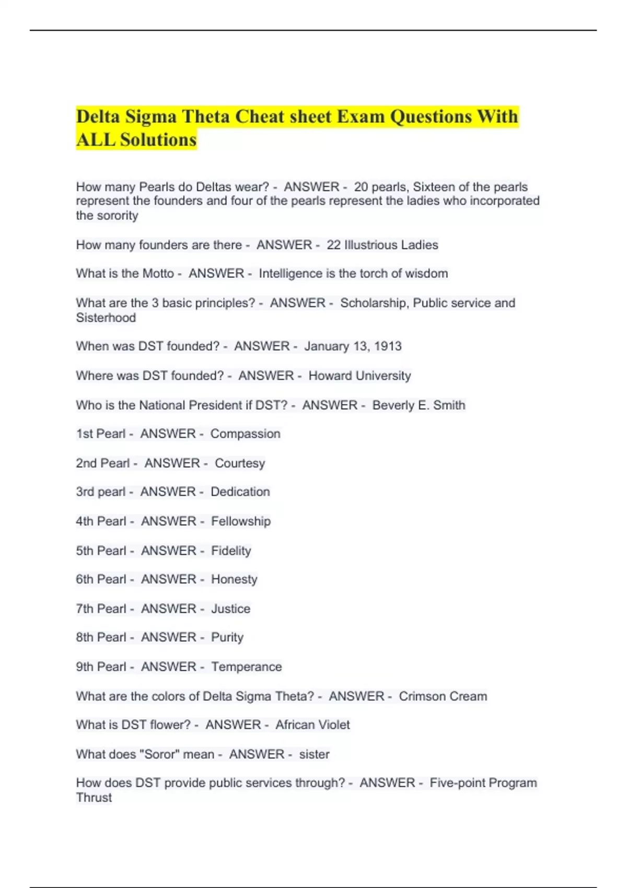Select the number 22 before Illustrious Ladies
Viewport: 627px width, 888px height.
pyautogui.click(x=333, y=245)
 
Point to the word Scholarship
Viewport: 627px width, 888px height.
pyautogui.click(x=374, y=303)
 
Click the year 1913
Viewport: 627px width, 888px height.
pyautogui.click(x=388, y=346)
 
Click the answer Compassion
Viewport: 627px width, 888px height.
pyautogui.click(x=245, y=434)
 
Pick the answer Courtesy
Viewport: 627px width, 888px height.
pyautogui.click(x=240, y=463)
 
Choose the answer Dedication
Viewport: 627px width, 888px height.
pyautogui.click(x=240, y=492)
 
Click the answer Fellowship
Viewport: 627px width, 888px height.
pyautogui.click(x=241, y=521)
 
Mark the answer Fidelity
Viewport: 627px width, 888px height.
pyautogui.click(x=231, y=551)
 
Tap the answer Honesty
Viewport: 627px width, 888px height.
pyautogui.click(x=234, y=579)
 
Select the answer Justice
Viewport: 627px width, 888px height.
pyautogui.click(x=230, y=609)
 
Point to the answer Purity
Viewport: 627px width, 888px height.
pyautogui.click(x=227, y=637)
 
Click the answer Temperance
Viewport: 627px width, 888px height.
pyautogui.click(x=246, y=667)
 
